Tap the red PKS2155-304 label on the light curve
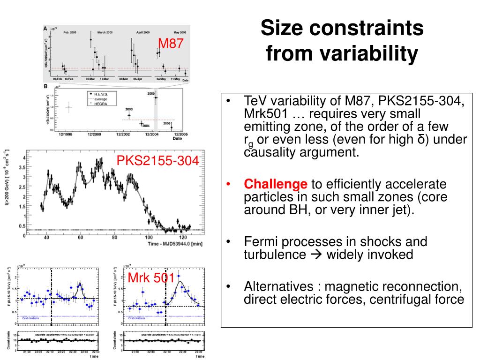(157, 161)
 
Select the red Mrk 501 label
(151, 278)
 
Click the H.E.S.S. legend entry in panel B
(101, 94)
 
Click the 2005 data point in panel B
(155, 97)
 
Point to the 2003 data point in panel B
(129, 115)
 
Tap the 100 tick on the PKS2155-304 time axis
(149, 238)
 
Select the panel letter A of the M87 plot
(45, 29)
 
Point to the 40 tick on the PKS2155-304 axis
(46, 238)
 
